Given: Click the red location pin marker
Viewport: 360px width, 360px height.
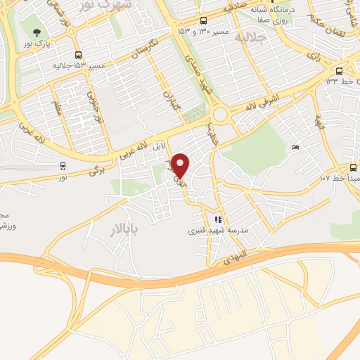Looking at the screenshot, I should pyautogui.click(x=181, y=165).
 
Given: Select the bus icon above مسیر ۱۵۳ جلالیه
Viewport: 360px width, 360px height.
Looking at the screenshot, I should pyautogui.click(x=77, y=54).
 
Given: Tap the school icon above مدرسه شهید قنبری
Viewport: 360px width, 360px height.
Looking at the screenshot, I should pyautogui.click(x=218, y=219).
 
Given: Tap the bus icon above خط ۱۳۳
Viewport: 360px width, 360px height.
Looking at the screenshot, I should pyautogui.click(x=340, y=71).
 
